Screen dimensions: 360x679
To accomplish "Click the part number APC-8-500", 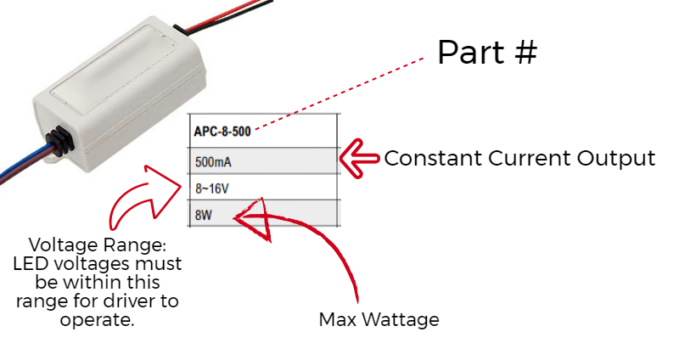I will [222, 132].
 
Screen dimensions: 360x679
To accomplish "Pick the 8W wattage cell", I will [204, 215].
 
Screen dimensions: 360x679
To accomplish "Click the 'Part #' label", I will [487, 53].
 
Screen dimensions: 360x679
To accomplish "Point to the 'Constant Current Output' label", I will [519, 159].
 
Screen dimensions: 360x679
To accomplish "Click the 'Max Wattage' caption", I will [379, 320].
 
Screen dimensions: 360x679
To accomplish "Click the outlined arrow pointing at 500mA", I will [360, 156].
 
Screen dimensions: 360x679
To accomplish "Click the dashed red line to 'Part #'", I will [339, 94].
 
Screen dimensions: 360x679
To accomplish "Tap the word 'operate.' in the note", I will [98, 319].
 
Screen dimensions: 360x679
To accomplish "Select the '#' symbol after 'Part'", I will [525, 53].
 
